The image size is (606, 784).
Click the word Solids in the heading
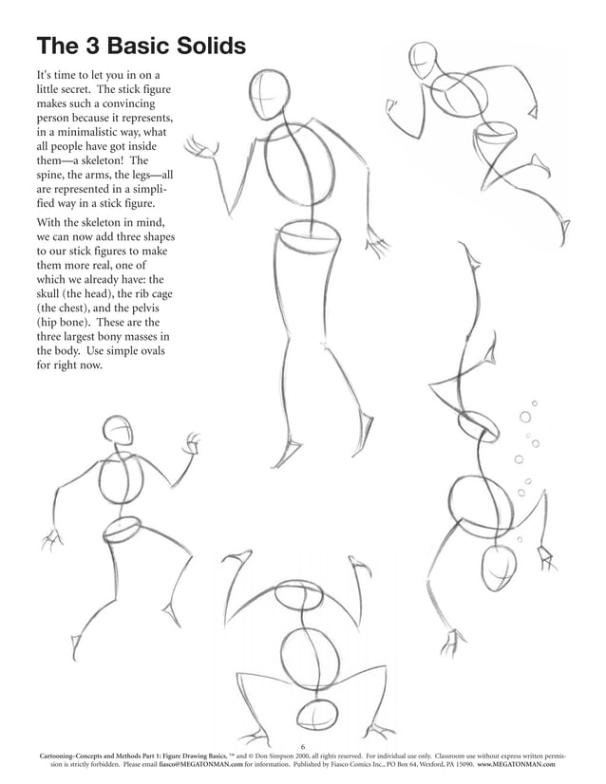pos(210,47)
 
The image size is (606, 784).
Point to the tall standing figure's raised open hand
pos(199,148)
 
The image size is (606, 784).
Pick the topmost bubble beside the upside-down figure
pos(534,404)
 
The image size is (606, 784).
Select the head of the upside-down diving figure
pos(499,567)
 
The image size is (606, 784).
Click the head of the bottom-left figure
pos(117,431)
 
